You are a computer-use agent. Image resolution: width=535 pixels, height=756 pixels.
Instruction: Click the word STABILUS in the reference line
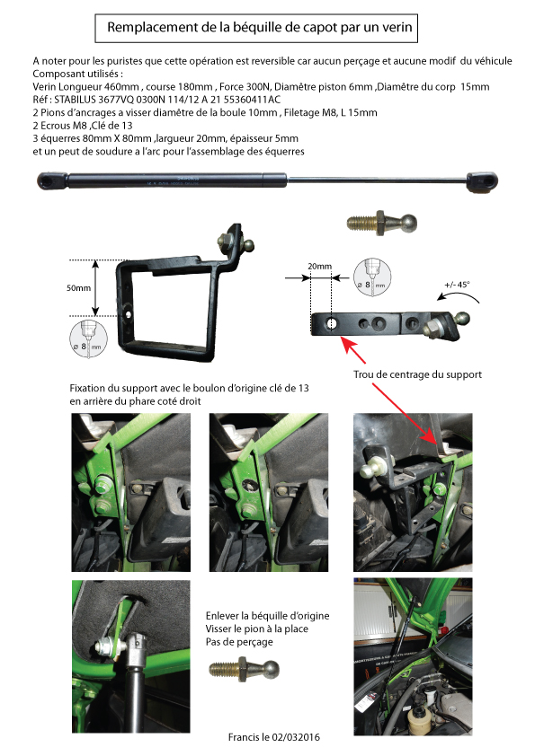click(75, 100)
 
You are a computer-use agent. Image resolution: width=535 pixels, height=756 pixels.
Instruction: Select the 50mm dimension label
click(78, 288)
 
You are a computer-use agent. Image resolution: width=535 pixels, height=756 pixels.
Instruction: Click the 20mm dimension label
click(319, 266)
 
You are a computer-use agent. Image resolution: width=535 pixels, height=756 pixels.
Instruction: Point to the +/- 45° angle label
click(457, 285)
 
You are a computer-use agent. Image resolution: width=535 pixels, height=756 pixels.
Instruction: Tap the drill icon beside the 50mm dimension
click(88, 339)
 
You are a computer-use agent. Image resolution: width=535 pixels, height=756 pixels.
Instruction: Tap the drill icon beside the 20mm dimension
click(371, 277)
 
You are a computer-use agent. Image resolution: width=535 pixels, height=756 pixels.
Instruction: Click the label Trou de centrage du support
click(417, 374)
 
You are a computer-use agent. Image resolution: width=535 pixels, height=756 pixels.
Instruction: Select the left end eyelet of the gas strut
click(50, 180)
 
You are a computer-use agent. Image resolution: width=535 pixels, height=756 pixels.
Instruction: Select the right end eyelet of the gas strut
click(483, 180)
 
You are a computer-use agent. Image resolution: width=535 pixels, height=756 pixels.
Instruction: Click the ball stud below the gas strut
click(382, 223)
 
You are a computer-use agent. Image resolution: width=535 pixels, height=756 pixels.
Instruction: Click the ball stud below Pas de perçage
click(244, 669)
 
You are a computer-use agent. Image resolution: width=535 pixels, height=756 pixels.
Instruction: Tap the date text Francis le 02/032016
click(273, 737)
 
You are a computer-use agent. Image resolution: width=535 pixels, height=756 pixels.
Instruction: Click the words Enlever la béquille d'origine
click(268, 616)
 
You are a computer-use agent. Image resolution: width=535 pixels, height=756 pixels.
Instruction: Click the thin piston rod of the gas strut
click(378, 180)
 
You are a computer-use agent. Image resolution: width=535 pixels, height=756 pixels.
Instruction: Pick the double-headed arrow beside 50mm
click(95, 288)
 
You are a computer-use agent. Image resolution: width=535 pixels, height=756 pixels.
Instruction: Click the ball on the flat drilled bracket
click(461, 318)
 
